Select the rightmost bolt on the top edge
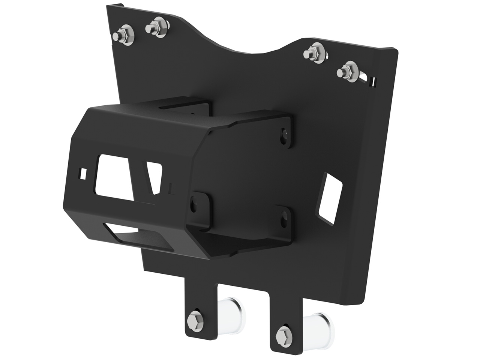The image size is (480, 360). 347,71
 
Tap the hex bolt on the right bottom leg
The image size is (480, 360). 283,333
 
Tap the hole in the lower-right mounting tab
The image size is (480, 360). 284,217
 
